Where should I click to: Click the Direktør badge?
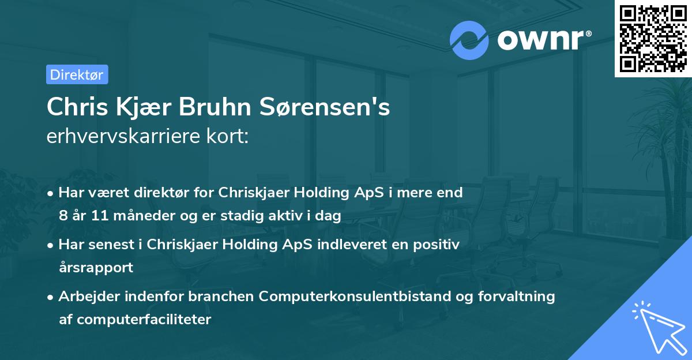tap(77, 74)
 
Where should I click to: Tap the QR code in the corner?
tap(653, 38)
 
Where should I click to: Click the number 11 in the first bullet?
tap(103, 216)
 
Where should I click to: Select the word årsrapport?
tap(96, 268)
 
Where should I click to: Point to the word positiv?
tap(439, 245)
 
